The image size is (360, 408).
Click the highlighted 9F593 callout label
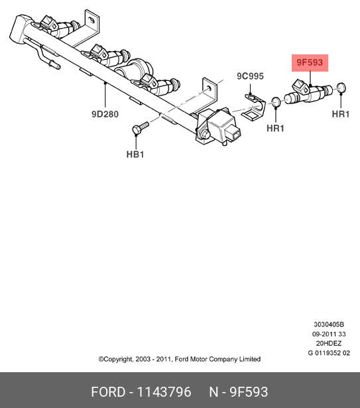click(x=310, y=63)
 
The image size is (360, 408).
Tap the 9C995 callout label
click(x=250, y=76)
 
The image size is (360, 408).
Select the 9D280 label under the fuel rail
click(x=105, y=114)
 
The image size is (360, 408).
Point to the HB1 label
click(x=135, y=155)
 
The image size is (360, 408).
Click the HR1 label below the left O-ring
click(x=275, y=128)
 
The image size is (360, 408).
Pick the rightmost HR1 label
click(x=341, y=114)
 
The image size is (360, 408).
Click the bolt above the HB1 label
click(x=141, y=127)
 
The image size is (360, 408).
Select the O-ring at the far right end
click(x=341, y=88)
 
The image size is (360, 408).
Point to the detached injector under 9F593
click(x=308, y=92)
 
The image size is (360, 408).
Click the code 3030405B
click(x=329, y=324)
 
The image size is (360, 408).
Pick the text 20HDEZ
click(x=329, y=344)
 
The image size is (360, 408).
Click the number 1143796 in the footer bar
click(x=164, y=392)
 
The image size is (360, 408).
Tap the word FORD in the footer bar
click(x=108, y=392)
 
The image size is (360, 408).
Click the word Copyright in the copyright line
click(x=118, y=360)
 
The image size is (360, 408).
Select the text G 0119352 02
click(x=329, y=353)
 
